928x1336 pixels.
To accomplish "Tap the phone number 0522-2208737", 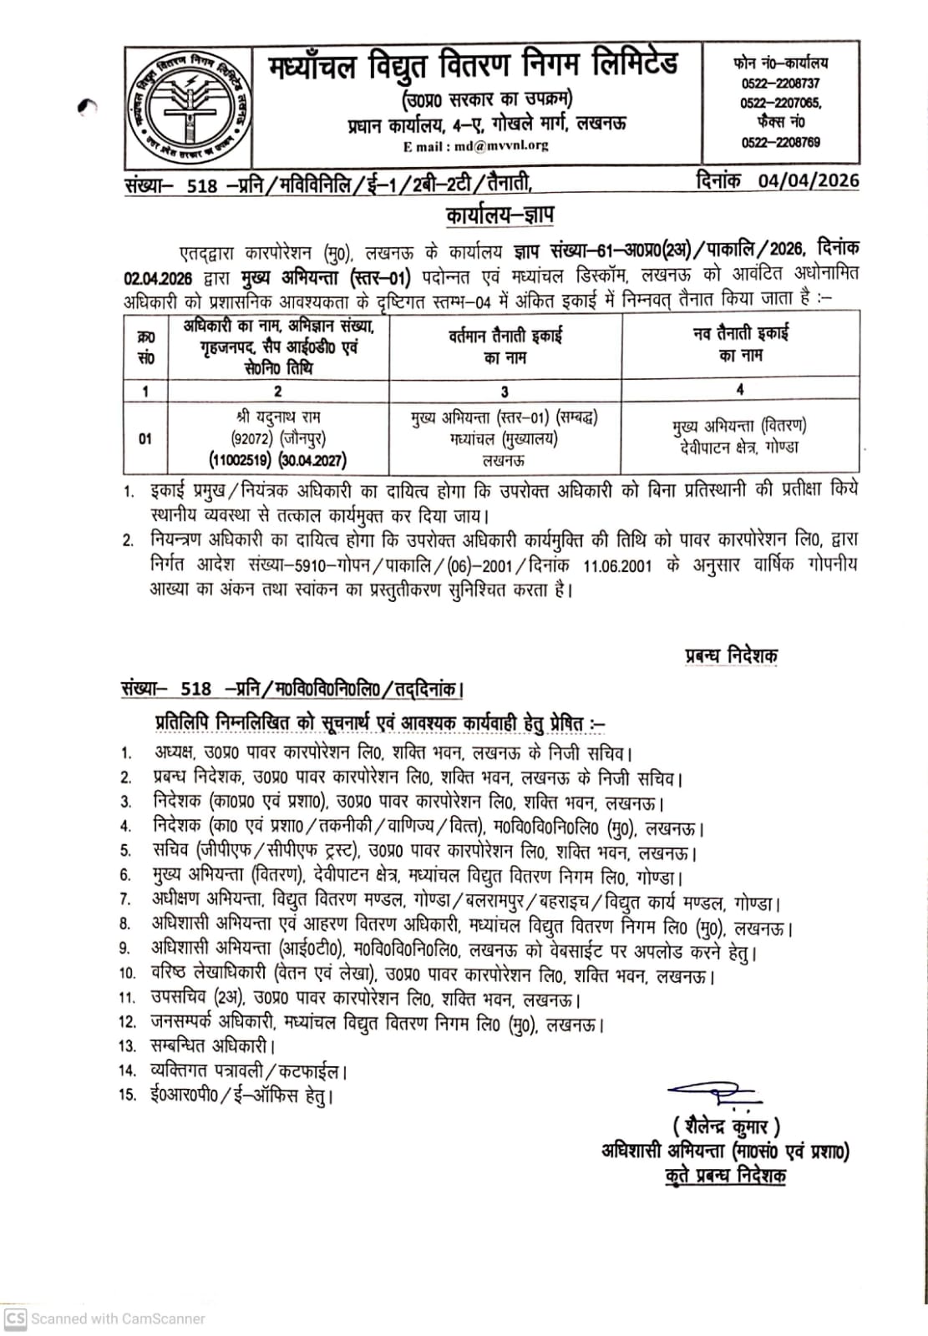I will tap(780, 84).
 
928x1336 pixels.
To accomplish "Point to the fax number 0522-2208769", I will tap(780, 143).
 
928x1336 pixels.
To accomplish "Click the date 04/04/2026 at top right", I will tap(808, 181).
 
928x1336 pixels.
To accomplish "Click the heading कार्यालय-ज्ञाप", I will tap(499, 215).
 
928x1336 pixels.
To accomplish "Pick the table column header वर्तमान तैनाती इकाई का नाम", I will tap(505, 347).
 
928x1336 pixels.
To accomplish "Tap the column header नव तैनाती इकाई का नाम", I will tap(740, 344).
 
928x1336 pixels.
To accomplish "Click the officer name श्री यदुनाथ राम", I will tap(278, 417).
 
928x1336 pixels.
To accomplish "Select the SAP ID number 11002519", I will tap(242, 460).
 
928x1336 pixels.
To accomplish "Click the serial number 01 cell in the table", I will tap(145, 438).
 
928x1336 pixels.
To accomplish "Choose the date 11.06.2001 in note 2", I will tap(617, 565).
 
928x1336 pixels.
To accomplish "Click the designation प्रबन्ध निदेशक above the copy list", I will tap(731, 656).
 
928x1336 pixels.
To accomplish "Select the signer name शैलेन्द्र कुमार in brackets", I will tap(727, 1126).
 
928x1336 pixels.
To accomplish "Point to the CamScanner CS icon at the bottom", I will tap(16, 1318).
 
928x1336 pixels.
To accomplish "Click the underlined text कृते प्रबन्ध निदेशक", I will tap(725, 1176).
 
